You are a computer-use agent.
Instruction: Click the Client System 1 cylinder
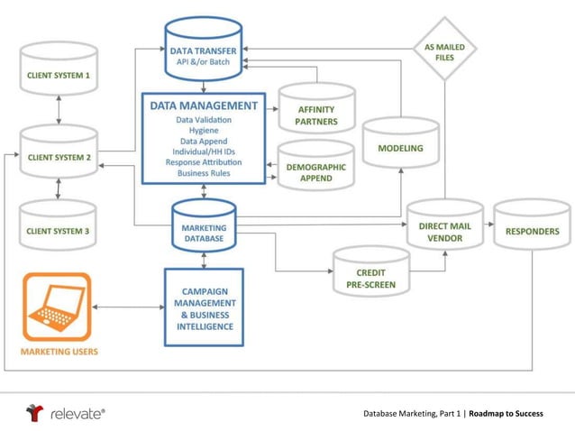[58, 72]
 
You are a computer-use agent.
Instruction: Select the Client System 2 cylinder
[58, 155]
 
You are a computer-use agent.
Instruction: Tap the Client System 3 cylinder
[58, 231]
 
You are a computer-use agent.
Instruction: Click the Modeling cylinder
[400, 147]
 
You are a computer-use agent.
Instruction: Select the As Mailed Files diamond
[444, 50]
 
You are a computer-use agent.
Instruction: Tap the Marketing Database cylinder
[203, 234]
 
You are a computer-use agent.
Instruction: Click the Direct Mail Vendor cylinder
[444, 233]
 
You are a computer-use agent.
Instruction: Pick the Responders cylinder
[532, 231]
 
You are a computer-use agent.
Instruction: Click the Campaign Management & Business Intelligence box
[203, 307]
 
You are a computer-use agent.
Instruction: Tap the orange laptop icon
[57, 307]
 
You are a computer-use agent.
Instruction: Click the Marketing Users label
[59, 351]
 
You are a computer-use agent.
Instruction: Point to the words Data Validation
[203, 120]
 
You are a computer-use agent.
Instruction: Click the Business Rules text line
[203, 172]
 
